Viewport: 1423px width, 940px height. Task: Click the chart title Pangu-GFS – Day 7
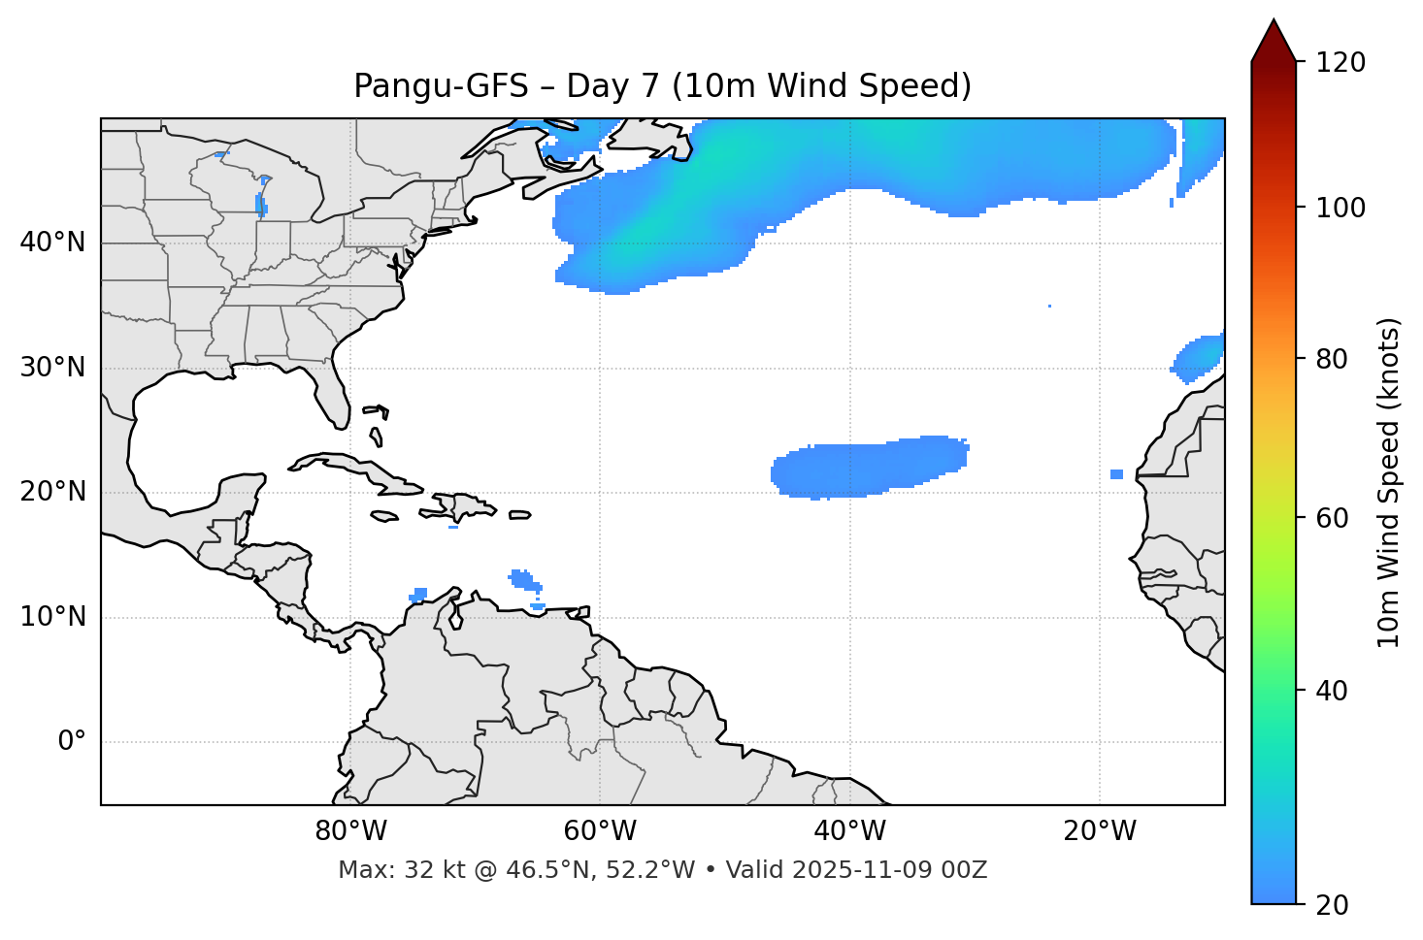pos(662,86)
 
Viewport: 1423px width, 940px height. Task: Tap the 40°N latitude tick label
pos(52,243)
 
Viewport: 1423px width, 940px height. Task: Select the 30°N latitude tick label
pos(52,368)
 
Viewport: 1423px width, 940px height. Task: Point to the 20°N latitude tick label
pos(52,492)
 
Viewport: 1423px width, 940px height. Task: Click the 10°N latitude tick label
pos(52,617)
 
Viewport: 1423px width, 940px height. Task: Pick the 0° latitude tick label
pos(72,742)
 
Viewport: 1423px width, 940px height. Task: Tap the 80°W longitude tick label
pos(350,831)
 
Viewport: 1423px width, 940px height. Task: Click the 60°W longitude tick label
pos(600,831)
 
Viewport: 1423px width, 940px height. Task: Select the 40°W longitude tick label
pos(849,831)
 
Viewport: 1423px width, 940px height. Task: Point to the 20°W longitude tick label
pos(1099,831)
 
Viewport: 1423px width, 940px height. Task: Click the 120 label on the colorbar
pos(1342,63)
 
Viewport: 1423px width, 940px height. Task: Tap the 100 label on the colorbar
pos(1342,208)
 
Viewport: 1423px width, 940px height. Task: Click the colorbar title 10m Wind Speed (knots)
pos(1389,482)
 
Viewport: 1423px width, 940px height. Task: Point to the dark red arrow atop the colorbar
pos(1273,42)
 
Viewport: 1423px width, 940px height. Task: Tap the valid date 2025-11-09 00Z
pos(889,870)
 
